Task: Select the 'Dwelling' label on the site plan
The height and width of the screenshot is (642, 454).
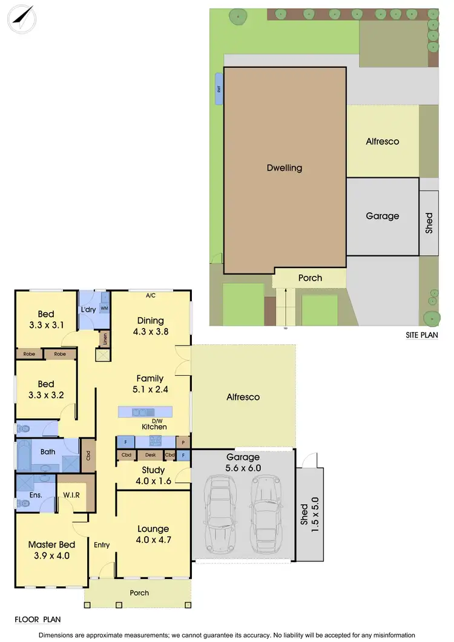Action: point(285,168)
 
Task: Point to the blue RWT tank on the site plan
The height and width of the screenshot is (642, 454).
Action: point(218,88)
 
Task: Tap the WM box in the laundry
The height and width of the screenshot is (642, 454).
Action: point(104,308)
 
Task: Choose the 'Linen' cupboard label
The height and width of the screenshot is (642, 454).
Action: point(105,339)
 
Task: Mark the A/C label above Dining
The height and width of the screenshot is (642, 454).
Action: point(151,296)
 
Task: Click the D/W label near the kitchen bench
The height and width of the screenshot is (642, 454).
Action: point(157,421)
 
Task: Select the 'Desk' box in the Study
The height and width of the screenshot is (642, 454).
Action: point(150,455)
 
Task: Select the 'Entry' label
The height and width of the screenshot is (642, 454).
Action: point(102,545)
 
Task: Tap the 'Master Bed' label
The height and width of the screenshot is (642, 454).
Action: point(50,545)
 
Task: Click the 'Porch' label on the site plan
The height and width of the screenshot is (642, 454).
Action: point(310,278)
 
